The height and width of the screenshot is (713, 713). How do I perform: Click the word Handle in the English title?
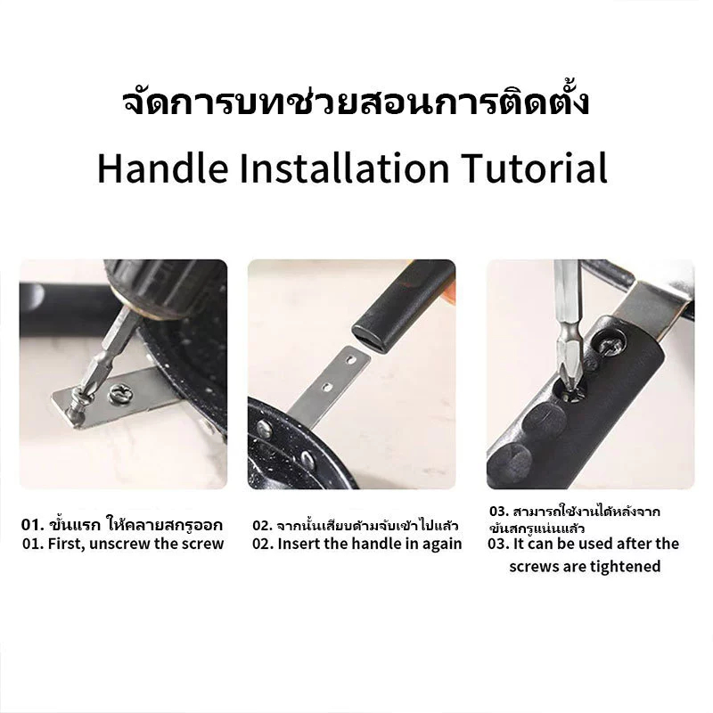tap(163, 168)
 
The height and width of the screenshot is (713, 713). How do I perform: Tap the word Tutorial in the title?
tap(534, 168)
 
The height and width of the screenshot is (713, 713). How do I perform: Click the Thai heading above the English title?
tap(356, 102)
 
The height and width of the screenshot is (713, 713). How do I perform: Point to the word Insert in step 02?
tap(299, 544)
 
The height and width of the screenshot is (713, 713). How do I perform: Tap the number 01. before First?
tap(33, 544)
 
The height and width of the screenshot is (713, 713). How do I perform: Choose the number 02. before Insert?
tap(263, 544)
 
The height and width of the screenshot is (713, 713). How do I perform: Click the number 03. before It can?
tap(498, 544)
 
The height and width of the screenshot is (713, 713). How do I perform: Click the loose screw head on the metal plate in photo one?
tap(120, 393)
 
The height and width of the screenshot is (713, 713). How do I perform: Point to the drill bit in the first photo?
tap(104, 355)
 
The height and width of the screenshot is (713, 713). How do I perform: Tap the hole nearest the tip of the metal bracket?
tap(350, 360)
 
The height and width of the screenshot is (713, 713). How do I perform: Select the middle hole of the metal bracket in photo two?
tap(327, 388)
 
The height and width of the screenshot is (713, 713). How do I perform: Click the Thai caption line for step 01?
tap(122, 524)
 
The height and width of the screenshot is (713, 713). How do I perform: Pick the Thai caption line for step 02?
tap(355, 526)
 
